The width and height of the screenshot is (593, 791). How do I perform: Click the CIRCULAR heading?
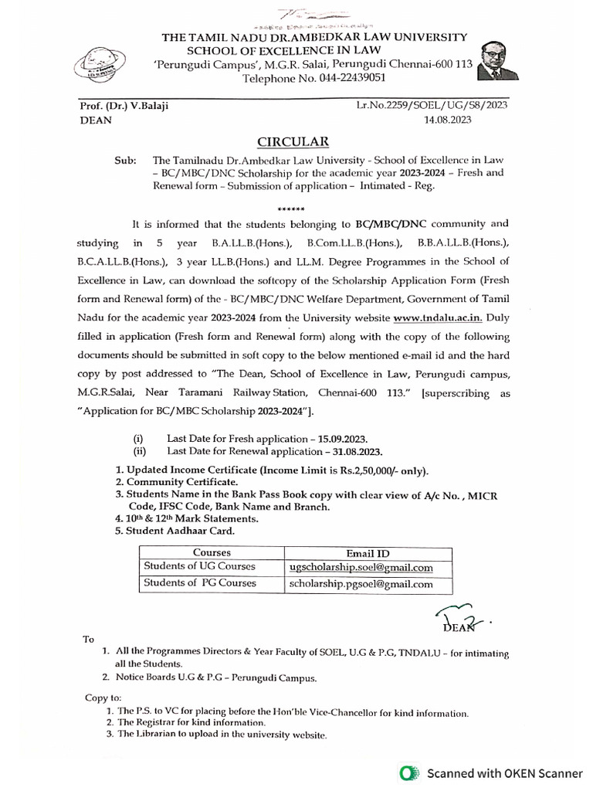pos(293,141)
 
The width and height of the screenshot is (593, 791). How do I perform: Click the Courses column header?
pos(212,553)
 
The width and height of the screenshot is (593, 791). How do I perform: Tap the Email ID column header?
pos(368,553)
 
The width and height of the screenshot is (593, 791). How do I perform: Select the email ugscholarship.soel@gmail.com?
pos(361,568)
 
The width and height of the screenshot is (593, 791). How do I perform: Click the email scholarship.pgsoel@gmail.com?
pos(361,584)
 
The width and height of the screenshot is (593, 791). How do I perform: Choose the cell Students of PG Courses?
pos(200,583)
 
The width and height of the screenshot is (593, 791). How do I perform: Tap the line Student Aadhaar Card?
pos(176,531)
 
